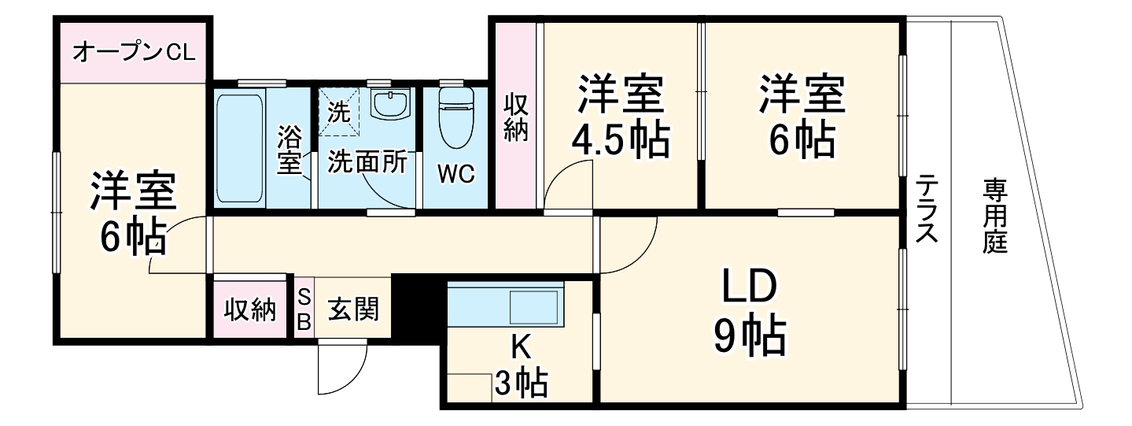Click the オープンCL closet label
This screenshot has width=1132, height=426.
coord(134,54)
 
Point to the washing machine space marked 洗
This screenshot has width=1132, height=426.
coord(339,111)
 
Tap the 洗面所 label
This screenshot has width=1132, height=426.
coord(367,161)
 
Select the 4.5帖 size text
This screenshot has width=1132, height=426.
coord(621,140)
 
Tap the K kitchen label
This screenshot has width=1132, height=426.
coord(520,346)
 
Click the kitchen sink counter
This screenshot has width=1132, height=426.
coord(506,303)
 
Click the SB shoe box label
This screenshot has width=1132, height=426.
coord(304,309)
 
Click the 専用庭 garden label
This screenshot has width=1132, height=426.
coord(994,217)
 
